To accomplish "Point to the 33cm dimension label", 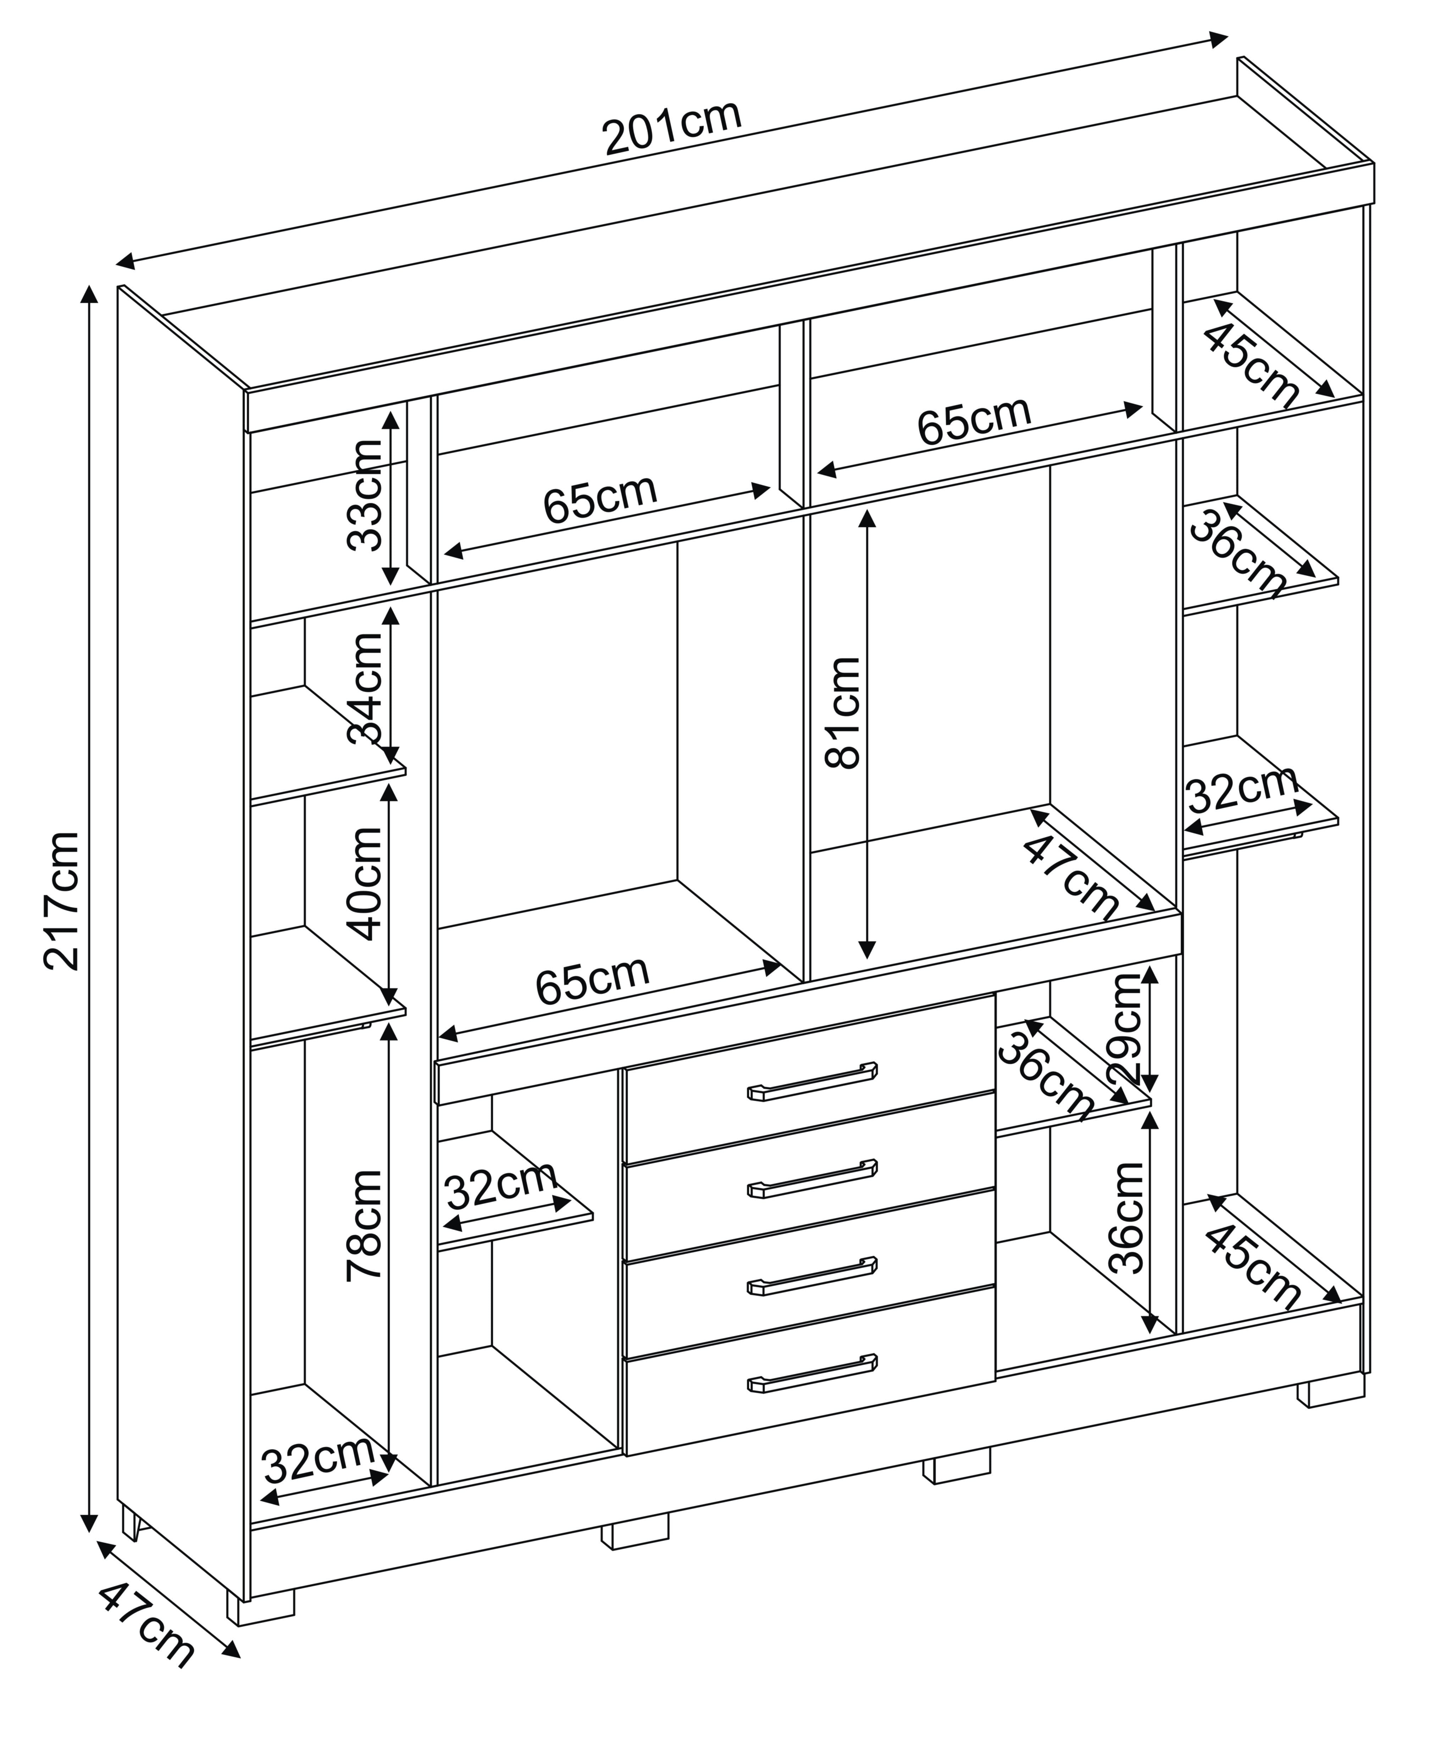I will pyautogui.click(x=364, y=495).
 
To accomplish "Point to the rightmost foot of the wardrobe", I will pyautogui.click(x=1330, y=1391).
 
